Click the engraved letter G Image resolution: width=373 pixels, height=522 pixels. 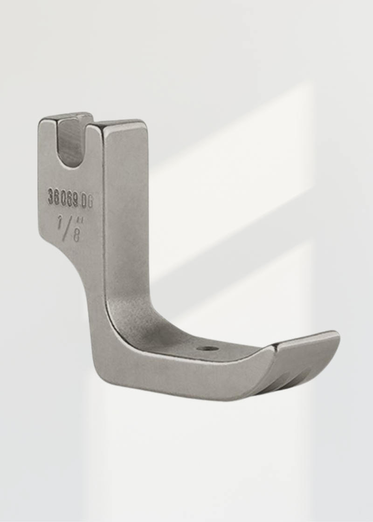coord(90,201)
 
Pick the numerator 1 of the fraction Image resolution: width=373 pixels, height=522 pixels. coord(60,223)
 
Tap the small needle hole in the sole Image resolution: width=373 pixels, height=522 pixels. coord(207,348)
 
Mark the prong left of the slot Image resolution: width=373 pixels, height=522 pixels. coord(48,135)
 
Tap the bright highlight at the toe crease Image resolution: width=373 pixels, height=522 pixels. coord(275,347)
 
